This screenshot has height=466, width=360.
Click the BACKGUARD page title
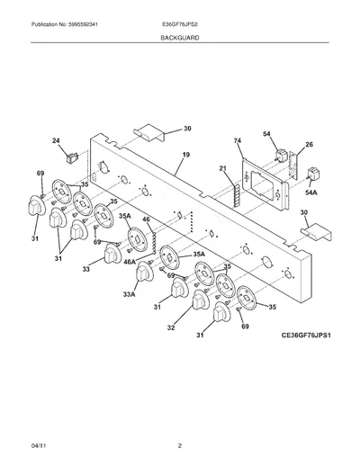[x=180, y=38]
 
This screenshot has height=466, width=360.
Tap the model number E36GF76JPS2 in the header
[x=179, y=24]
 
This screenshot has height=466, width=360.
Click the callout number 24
[x=56, y=140]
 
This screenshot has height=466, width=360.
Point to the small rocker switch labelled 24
[x=72, y=157]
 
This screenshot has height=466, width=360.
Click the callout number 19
[x=186, y=155]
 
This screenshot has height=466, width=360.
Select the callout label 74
[x=238, y=140]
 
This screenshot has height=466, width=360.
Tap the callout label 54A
[x=311, y=193]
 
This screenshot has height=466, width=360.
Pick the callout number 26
[x=309, y=145]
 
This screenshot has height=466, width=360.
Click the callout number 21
[x=222, y=168]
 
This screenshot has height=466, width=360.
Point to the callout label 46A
[x=130, y=262]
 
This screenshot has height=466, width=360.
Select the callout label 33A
[x=129, y=294]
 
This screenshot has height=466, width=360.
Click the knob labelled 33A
[x=145, y=272]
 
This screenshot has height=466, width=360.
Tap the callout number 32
[x=171, y=327]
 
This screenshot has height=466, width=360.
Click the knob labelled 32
[x=201, y=300]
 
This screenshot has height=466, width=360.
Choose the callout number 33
[x=86, y=269]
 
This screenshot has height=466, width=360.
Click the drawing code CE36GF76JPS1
[x=306, y=335]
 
